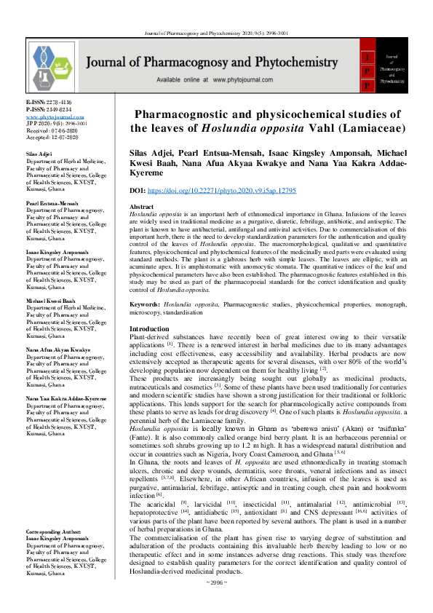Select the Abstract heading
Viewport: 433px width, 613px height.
coord(142,207)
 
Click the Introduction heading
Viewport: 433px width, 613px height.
coord(148,330)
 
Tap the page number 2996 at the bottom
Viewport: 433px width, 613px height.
coord(216,603)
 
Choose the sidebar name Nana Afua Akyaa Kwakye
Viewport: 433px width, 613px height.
coord(57,349)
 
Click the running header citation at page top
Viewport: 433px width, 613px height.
coord(216,12)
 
